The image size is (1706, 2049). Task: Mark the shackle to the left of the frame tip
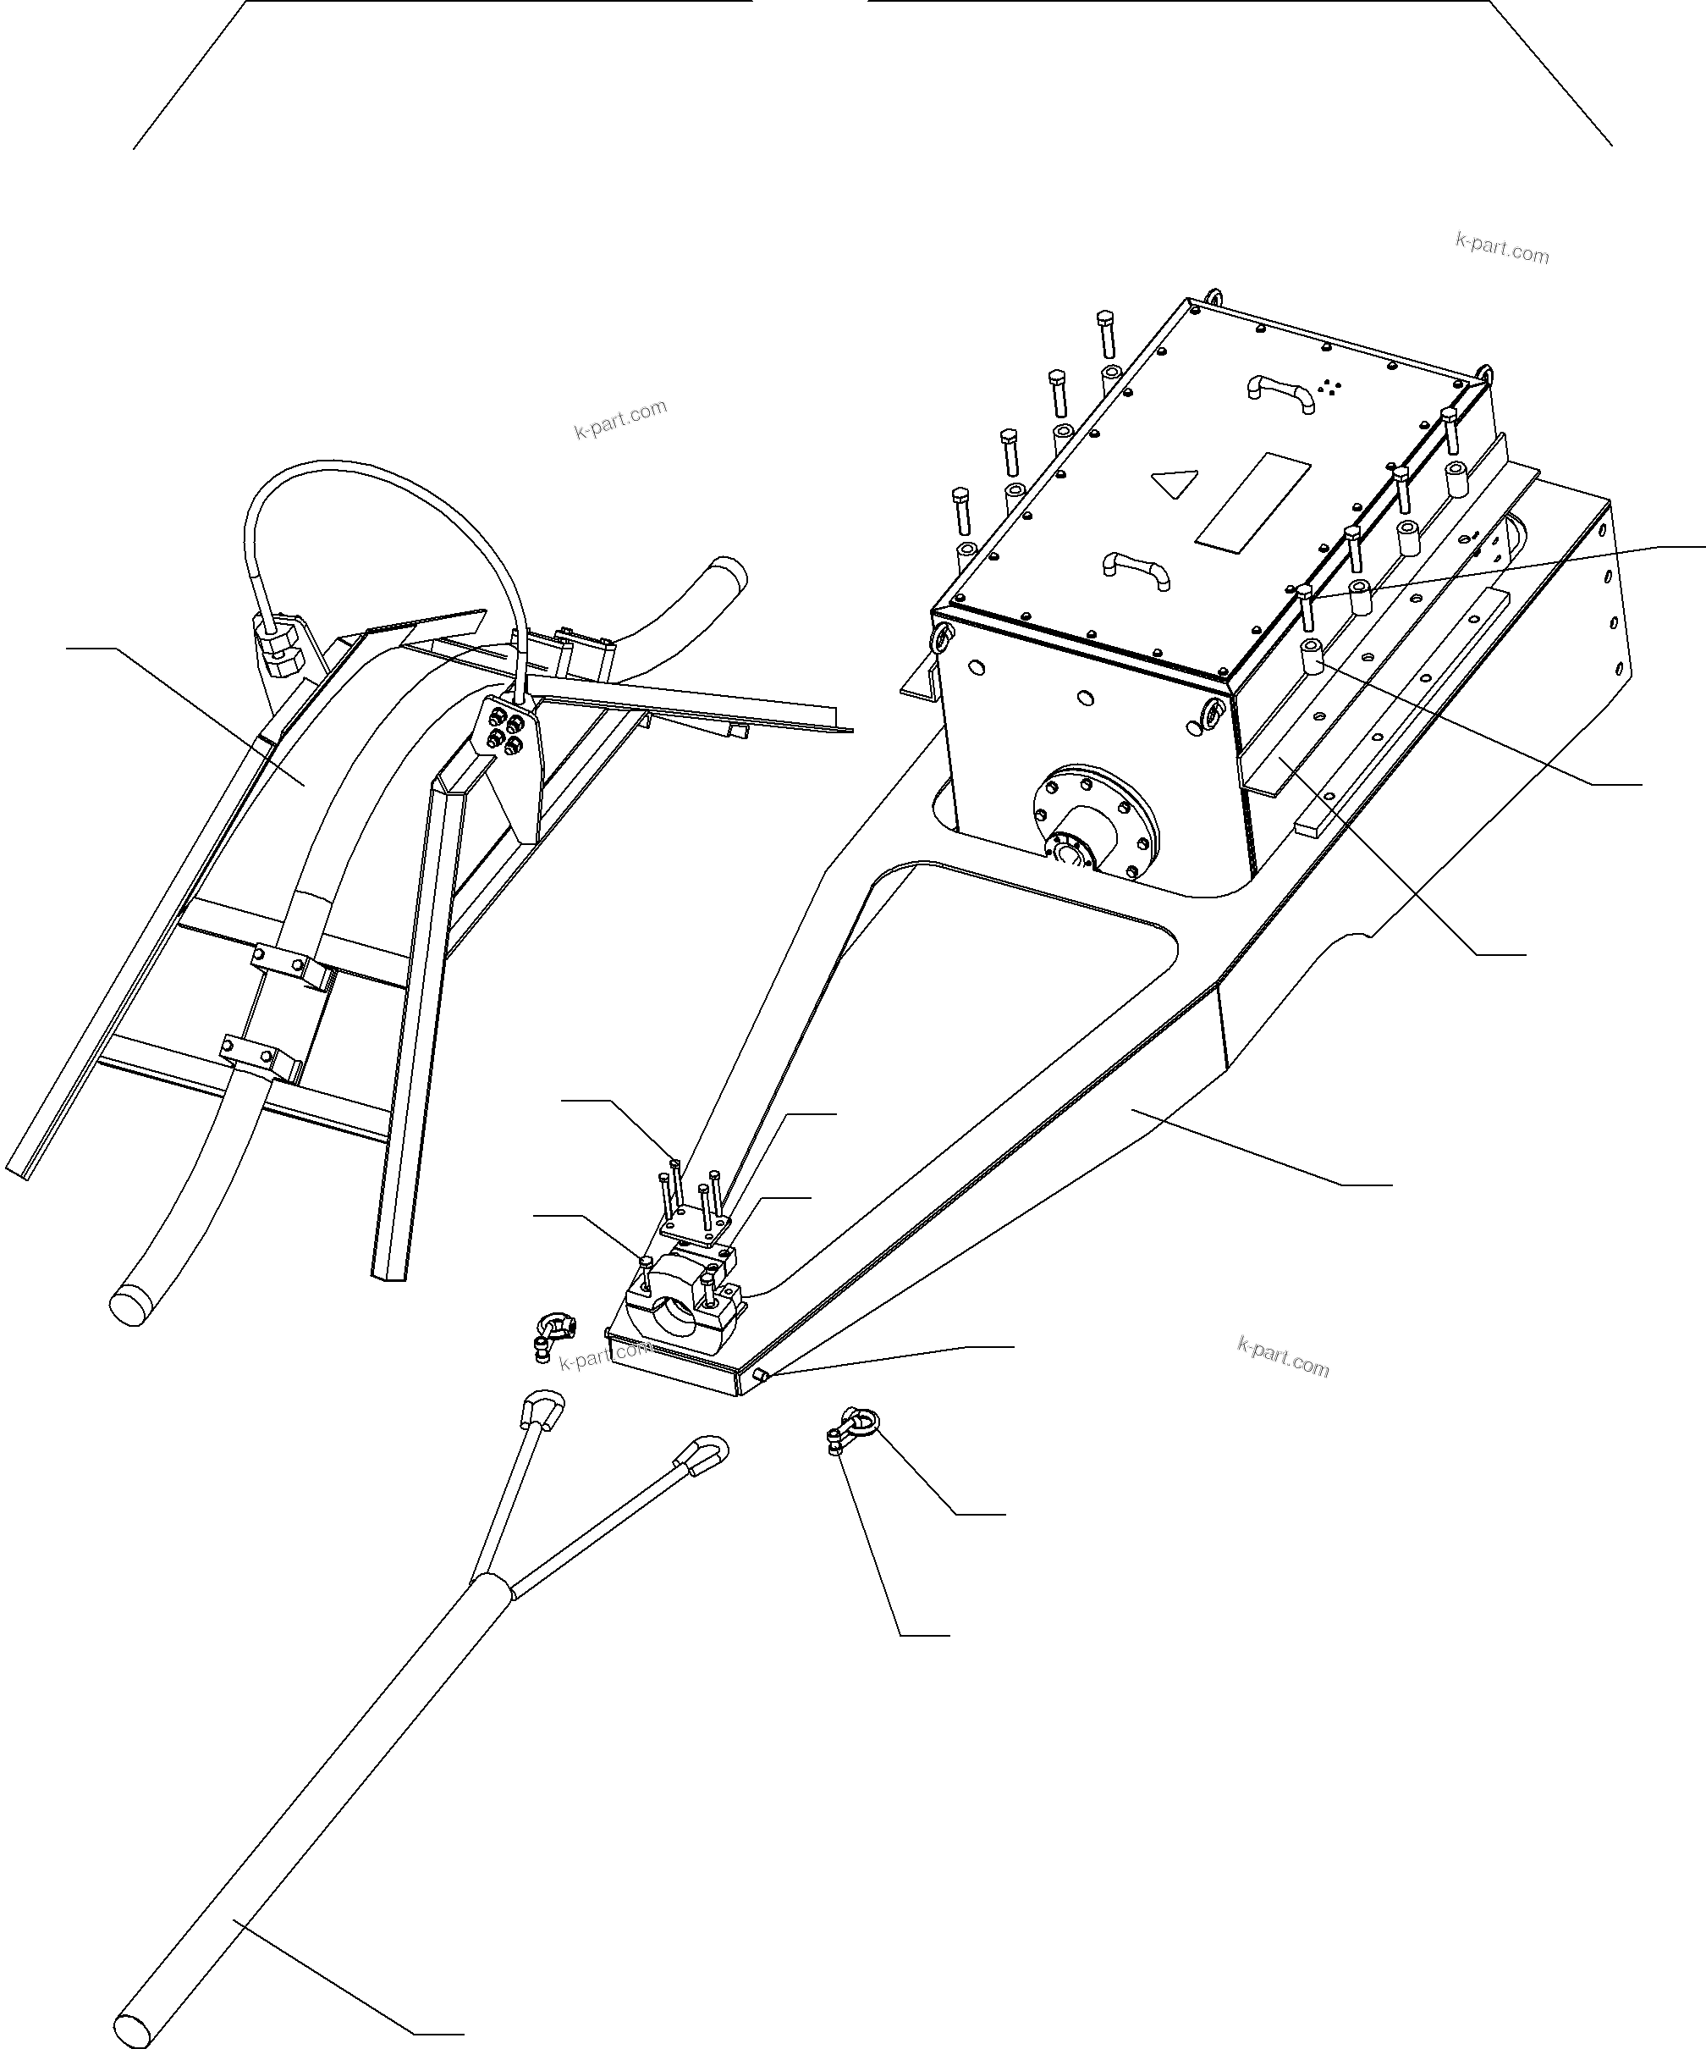(555, 1333)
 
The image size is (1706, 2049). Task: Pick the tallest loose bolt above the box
(1105, 333)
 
